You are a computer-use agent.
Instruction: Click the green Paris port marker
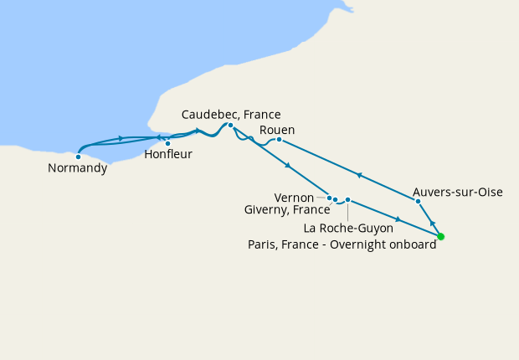[x=441, y=236]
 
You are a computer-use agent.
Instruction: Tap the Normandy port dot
[x=78, y=156]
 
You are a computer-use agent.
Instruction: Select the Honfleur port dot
[x=168, y=143]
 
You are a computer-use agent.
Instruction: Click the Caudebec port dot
[x=230, y=126]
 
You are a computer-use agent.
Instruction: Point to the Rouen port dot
[x=279, y=139]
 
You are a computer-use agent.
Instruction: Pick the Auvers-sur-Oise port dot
[x=418, y=201]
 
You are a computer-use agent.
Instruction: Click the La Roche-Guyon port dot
[x=347, y=200]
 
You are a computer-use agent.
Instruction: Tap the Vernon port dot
[x=330, y=198]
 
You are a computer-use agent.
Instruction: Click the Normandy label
[x=78, y=168]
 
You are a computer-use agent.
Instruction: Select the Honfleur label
[x=168, y=155]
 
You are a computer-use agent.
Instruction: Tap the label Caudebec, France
[x=231, y=115]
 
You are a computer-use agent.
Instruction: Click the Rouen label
[x=277, y=129]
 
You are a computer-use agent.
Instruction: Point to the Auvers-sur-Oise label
[x=458, y=192]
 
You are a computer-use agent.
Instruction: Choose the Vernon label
[x=294, y=198]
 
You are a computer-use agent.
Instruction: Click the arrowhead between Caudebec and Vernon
[x=288, y=166]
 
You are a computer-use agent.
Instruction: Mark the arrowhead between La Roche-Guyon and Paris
[x=398, y=219]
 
